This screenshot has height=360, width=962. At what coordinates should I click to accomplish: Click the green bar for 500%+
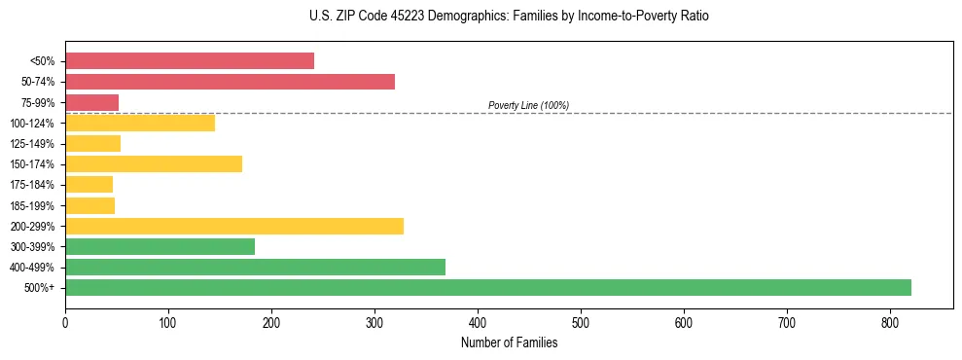point(487,287)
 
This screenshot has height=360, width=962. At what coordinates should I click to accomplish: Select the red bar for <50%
point(190,60)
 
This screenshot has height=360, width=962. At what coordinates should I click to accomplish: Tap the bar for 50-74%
point(230,82)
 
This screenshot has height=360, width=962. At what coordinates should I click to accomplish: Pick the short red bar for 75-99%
point(91,102)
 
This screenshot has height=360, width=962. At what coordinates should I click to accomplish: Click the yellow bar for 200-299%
point(234,226)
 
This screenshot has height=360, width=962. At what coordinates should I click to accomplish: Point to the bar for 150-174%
point(154,163)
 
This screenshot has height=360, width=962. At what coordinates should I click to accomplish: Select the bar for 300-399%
point(160,246)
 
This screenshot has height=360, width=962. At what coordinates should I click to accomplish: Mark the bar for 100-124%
point(140,123)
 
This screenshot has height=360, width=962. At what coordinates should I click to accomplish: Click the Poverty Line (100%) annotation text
point(528,105)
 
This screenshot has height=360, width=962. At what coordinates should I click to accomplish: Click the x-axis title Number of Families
point(509,342)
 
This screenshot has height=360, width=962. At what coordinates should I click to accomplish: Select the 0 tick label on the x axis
point(65,322)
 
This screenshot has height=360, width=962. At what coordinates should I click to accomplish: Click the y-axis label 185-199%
point(32,205)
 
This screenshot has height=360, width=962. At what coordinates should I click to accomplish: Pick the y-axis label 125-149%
point(32,144)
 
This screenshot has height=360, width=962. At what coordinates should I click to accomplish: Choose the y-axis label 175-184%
point(32,185)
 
